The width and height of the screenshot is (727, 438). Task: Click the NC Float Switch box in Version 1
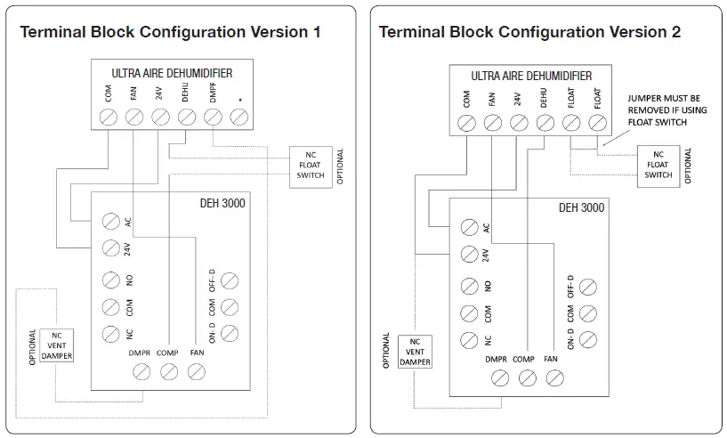coord(311,167)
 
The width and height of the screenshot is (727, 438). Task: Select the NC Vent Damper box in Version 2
coord(415,352)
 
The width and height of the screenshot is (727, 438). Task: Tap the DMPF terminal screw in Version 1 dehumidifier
coord(213,117)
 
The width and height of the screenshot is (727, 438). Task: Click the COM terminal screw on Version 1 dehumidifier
coord(109,117)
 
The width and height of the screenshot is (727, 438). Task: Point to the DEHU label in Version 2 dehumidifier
coord(544,98)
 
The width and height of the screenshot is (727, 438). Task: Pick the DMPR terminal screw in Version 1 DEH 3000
coord(141,372)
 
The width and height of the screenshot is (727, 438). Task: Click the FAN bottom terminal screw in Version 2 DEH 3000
coord(555,378)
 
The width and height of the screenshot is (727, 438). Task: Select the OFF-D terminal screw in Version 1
coord(230,280)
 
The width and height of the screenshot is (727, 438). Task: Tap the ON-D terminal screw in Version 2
coord(588,340)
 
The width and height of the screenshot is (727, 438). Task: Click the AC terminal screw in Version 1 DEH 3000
coord(111,222)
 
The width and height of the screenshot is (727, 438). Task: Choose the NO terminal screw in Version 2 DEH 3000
coord(469,287)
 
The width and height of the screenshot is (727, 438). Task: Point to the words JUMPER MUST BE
coord(664,98)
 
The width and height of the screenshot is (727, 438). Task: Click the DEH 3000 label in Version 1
coord(222,203)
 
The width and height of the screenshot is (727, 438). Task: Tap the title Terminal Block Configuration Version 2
coord(529,32)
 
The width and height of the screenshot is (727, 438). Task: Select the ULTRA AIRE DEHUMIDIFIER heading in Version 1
coord(172,73)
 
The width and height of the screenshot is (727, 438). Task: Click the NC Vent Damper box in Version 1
coord(57,345)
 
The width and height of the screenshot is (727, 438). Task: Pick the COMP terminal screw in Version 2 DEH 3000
coord(528,378)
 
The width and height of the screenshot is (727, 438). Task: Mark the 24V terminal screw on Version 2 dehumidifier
coord(519,123)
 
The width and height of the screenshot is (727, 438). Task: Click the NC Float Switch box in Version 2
coord(658,166)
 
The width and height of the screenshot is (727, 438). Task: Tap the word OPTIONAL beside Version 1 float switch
coord(340,166)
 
